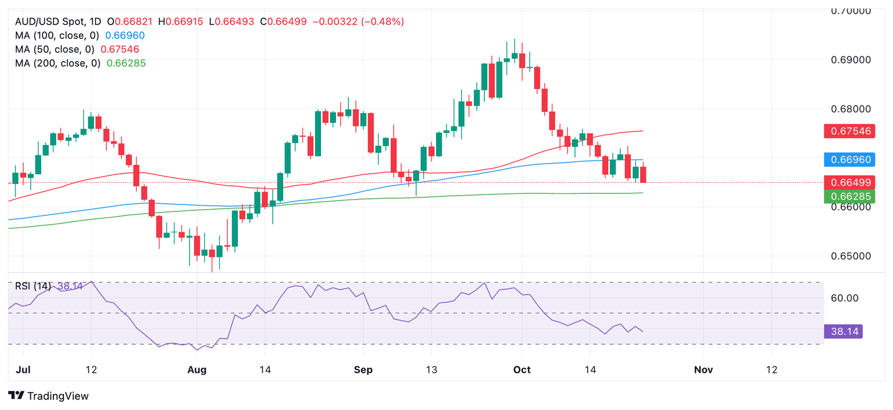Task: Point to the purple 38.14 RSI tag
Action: [x=843, y=332]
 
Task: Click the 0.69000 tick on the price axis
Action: [x=851, y=60]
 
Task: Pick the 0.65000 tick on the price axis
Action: [x=851, y=256]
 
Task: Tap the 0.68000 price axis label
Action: [x=851, y=109]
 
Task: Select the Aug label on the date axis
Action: [x=198, y=370]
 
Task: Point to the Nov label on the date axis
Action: [x=703, y=370]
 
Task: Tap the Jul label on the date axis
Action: [x=23, y=370]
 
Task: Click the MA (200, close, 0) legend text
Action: [x=58, y=63]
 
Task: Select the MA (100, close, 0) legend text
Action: [x=58, y=36]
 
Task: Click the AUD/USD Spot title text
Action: [x=50, y=22]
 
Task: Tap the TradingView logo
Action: [x=49, y=396]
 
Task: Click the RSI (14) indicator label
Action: [x=33, y=286]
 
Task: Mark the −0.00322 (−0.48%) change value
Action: [x=358, y=22]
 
